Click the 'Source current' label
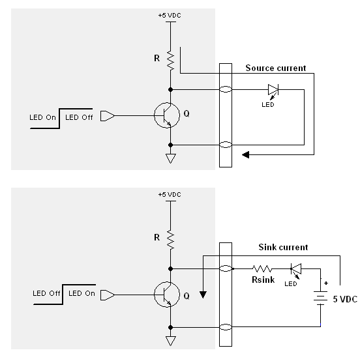pos(276,68)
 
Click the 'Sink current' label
pos(283,247)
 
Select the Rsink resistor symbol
pos(262,268)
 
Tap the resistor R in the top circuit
pos(171,60)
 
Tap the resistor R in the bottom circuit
pos(171,239)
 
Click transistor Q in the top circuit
pos(167,115)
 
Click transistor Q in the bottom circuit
pos(167,295)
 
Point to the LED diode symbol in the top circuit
pos(273,89)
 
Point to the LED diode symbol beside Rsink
pos(296,269)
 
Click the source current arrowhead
pos(246,154)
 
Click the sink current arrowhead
pos(203,295)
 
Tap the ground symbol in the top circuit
pos(171,158)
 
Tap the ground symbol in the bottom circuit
pos(171,341)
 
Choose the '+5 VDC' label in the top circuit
pos(170,16)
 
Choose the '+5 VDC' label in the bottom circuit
pos(170,195)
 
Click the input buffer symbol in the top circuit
pos(108,116)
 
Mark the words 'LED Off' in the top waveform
pos(79,117)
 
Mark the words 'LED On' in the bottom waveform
pos(82,293)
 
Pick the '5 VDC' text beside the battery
pos(345,299)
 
